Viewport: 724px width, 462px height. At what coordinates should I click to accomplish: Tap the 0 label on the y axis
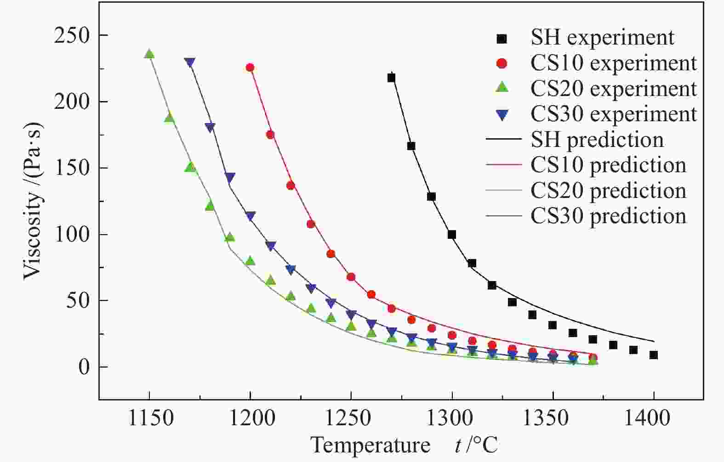tap(83, 367)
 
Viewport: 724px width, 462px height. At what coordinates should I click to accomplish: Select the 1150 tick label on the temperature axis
tap(149, 419)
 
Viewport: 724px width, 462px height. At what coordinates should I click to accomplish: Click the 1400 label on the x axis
tap(654, 419)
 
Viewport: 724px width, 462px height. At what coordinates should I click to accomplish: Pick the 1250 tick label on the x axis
tap(351, 419)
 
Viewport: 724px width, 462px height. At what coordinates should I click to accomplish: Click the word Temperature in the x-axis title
tap(370, 445)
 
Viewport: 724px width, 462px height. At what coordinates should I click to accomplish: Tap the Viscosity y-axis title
tap(33, 201)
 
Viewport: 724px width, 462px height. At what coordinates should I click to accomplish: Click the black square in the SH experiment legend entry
tap(502, 39)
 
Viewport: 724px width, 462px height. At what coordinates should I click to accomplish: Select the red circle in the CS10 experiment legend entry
tap(502, 64)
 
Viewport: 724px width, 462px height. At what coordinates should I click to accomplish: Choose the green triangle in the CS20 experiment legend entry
tap(502, 88)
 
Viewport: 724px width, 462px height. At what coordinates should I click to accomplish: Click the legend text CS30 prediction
tap(608, 216)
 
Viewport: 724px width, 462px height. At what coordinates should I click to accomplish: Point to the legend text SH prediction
tap(597, 140)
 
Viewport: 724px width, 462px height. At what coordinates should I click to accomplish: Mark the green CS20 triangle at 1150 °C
tap(149, 54)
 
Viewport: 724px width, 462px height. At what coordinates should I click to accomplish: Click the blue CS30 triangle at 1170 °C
tap(189, 62)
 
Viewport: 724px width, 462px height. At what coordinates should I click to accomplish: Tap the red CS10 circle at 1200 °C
tap(250, 68)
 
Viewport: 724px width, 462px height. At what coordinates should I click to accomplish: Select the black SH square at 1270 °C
tap(391, 78)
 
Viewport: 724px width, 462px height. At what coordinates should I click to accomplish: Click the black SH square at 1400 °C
tap(654, 355)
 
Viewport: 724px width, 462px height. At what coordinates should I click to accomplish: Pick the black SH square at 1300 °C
tap(452, 235)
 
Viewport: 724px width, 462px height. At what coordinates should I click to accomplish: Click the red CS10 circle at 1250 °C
tap(351, 277)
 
